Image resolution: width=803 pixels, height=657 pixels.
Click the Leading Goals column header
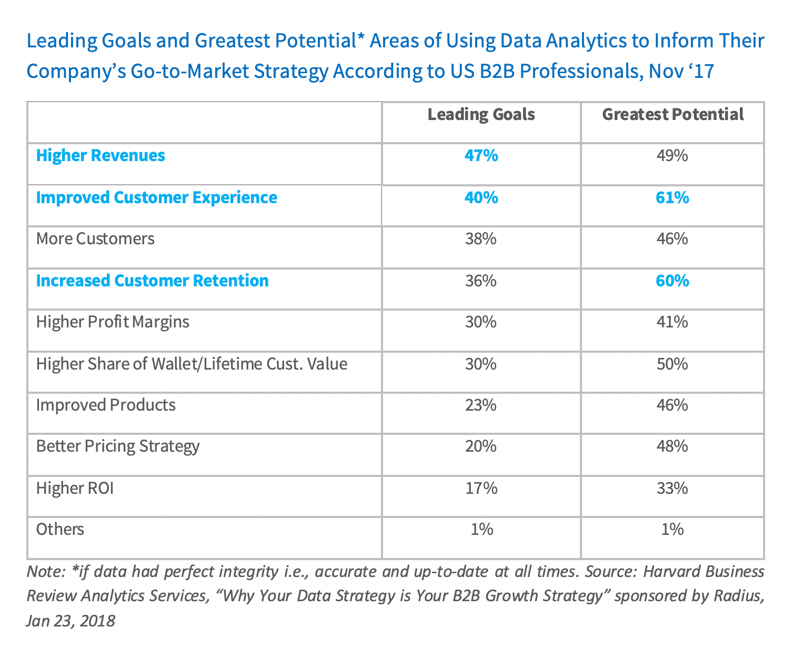481,115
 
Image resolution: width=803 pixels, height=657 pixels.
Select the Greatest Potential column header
672,115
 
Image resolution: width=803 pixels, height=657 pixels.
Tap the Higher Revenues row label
101,156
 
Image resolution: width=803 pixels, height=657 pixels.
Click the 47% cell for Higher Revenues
481,156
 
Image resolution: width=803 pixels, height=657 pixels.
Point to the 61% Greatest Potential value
672,198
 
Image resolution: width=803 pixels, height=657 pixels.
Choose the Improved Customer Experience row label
156,198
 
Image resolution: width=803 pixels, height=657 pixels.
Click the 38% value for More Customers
481,239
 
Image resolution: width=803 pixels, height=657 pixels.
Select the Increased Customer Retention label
152,281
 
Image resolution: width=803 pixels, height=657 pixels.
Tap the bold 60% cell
672,281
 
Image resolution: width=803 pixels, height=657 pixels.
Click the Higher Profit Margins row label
113,322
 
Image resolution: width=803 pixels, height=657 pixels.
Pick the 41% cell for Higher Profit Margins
672,322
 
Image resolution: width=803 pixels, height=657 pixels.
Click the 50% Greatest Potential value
672,364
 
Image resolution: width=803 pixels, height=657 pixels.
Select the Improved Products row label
106,405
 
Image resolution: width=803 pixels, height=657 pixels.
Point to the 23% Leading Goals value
481,405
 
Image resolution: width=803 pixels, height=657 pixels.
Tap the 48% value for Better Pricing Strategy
672,446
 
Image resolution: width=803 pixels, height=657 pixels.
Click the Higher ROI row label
75,489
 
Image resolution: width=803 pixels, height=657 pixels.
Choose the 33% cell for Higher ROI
672,489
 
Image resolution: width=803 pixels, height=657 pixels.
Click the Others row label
60,529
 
